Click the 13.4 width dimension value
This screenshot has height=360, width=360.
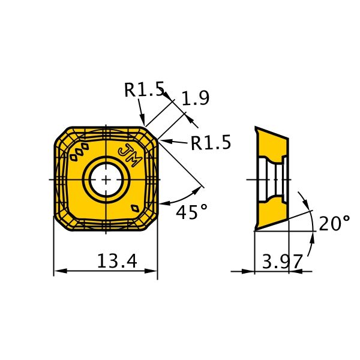click(x=117, y=261)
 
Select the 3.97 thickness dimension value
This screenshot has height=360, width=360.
click(x=282, y=261)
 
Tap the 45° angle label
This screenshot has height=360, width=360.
click(x=191, y=211)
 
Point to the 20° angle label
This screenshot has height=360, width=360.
click(x=335, y=223)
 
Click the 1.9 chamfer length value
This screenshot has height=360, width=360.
click(x=196, y=98)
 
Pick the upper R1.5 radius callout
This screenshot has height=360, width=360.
click(x=145, y=89)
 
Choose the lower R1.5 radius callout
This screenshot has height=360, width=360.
click(x=211, y=142)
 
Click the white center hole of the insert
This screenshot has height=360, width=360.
click(x=106, y=180)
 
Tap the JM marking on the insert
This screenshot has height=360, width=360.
click(x=130, y=155)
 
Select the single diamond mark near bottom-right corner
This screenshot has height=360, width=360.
click(x=135, y=208)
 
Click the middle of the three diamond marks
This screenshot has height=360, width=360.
click(x=79, y=152)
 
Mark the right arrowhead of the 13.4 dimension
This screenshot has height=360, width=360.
click(x=151, y=271)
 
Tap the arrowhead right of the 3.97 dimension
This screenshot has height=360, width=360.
click(x=295, y=271)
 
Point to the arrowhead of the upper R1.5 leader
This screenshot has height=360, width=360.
click(x=142, y=119)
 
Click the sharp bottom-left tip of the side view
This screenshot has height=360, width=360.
click(x=255, y=230)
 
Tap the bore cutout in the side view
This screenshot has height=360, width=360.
click(x=274, y=179)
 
